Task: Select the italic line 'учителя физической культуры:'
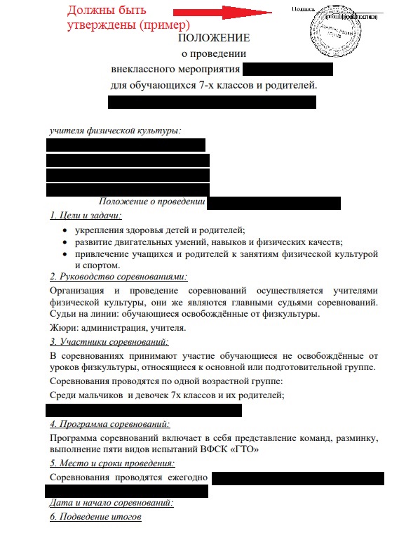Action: coord(115,131)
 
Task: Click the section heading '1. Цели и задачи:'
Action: coord(86,216)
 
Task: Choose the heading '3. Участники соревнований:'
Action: coord(109,342)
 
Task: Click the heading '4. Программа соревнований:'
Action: coord(110,424)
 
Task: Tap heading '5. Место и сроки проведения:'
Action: coord(112,463)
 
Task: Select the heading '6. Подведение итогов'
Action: coord(96,517)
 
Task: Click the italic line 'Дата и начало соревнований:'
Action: coord(111,503)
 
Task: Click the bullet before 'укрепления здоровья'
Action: coord(65,230)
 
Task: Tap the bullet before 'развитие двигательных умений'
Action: coord(65,242)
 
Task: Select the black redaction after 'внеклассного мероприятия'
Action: coord(288,70)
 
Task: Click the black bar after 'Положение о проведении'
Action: coord(273,203)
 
